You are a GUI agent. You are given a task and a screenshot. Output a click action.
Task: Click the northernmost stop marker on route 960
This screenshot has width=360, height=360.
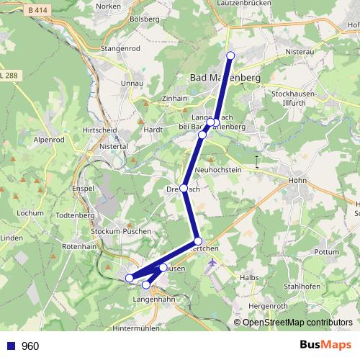click(230, 55)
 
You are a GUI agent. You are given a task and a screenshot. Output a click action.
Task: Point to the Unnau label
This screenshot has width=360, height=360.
click(135, 84)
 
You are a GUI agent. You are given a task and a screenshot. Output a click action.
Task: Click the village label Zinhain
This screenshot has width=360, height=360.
click(175, 98)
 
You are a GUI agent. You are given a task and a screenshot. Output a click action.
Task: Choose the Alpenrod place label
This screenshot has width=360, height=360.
click(49, 140)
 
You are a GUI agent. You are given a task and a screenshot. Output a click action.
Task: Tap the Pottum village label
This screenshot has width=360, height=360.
click(327, 253)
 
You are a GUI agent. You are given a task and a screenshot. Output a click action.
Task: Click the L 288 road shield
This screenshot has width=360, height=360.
click(9, 74)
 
